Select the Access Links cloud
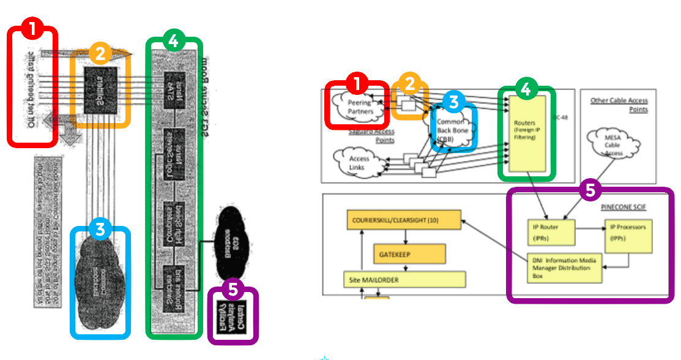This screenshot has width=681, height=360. pos(360,162)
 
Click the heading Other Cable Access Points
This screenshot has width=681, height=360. pos(619,105)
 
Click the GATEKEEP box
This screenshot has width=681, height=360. pos(408,252)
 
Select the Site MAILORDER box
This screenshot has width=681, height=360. pos(404,280)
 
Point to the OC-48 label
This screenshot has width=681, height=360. pos(560,117)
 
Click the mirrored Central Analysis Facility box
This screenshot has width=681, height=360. pos(233,316)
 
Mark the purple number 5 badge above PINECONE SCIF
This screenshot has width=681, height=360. pos(590,190)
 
